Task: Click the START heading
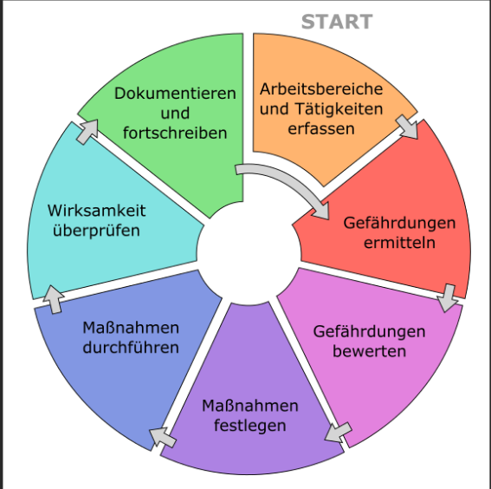(x=337, y=22)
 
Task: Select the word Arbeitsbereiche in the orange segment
(x=321, y=89)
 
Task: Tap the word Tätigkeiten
(x=339, y=109)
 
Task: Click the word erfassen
(x=321, y=129)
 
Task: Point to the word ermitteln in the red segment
(x=399, y=243)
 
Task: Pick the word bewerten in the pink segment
(x=369, y=351)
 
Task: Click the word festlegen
(x=250, y=426)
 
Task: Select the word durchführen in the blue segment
(x=131, y=348)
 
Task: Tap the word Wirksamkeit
(x=96, y=211)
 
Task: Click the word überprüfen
(x=96, y=231)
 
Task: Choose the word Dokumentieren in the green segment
(x=175, y=94)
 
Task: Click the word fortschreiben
(x=175, y=133)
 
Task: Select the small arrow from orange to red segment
(x=407, y=127)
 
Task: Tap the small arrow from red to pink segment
(x=448, y=298)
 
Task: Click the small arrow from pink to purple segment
(x=339, y=433)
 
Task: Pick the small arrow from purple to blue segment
(x=163, y=437)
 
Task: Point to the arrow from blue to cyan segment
(x=54, y=299)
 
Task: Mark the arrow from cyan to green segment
(x=87, y=132)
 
